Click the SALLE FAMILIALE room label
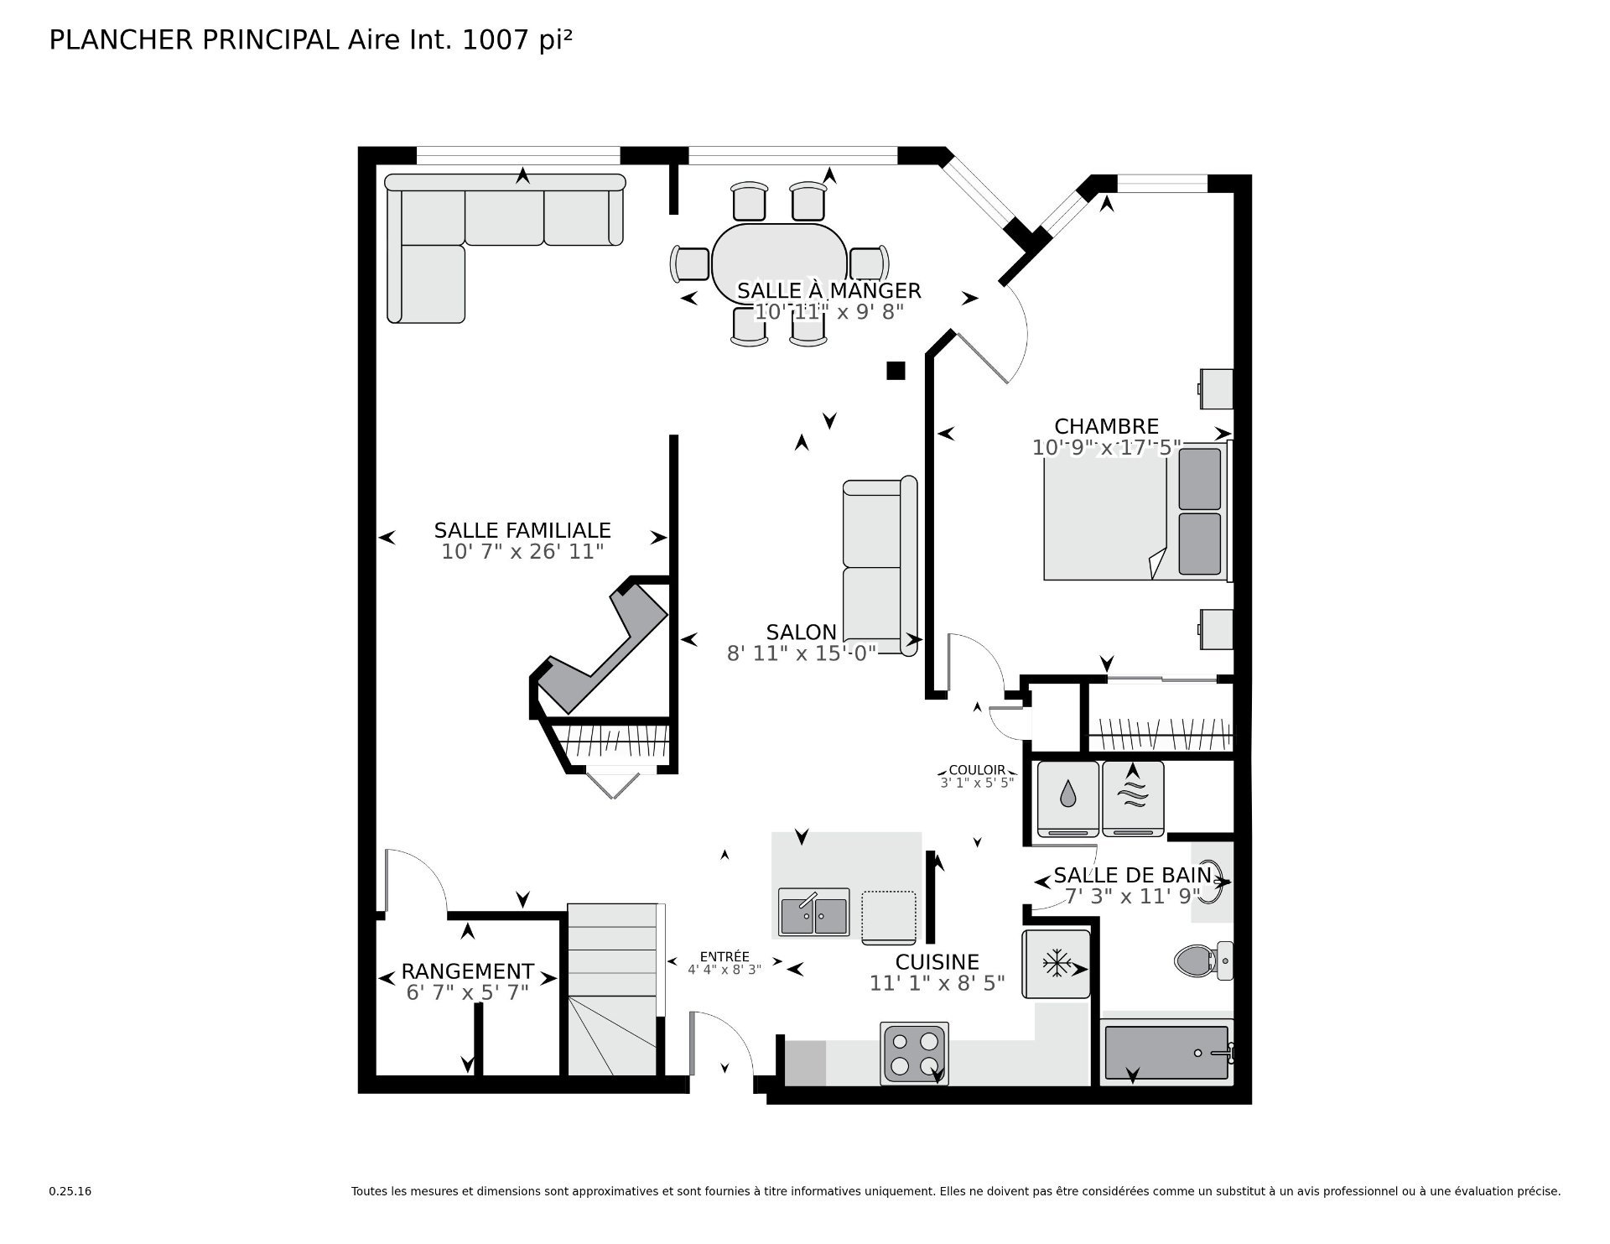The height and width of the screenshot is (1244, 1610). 522,530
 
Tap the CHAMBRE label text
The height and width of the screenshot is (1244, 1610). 1106,426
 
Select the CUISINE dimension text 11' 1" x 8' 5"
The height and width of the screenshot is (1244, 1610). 937,983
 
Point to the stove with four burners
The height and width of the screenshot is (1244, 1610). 915,1053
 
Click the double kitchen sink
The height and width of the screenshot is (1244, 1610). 813,913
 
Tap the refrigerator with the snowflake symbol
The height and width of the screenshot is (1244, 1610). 1056,963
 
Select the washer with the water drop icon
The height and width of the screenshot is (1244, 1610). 1067,799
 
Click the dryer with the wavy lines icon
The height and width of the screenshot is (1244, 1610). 1133,799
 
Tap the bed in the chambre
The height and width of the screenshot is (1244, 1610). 1136,512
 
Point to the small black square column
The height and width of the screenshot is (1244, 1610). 896,370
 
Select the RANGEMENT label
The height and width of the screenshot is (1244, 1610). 467,971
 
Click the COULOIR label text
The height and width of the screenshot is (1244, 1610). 977,770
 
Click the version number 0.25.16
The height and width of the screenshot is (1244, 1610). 70,1191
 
